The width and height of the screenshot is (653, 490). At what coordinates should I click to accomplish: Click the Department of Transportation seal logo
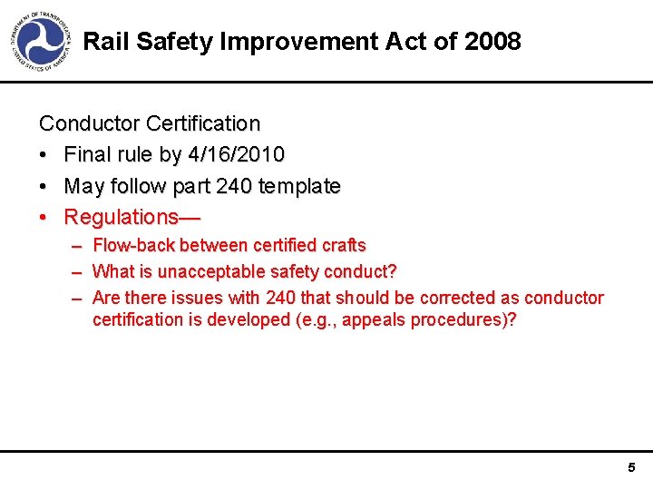[41, 42]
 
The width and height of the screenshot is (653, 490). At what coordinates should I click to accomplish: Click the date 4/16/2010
[236, 155]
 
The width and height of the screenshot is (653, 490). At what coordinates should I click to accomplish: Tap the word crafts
[344, 245]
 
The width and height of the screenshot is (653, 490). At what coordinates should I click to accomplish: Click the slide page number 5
[631, 468]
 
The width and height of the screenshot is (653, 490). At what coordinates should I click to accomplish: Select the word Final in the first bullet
[86, 155]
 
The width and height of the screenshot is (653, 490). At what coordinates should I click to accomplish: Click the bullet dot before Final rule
[44, 155]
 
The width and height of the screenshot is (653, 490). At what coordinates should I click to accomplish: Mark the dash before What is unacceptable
[76, 271]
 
